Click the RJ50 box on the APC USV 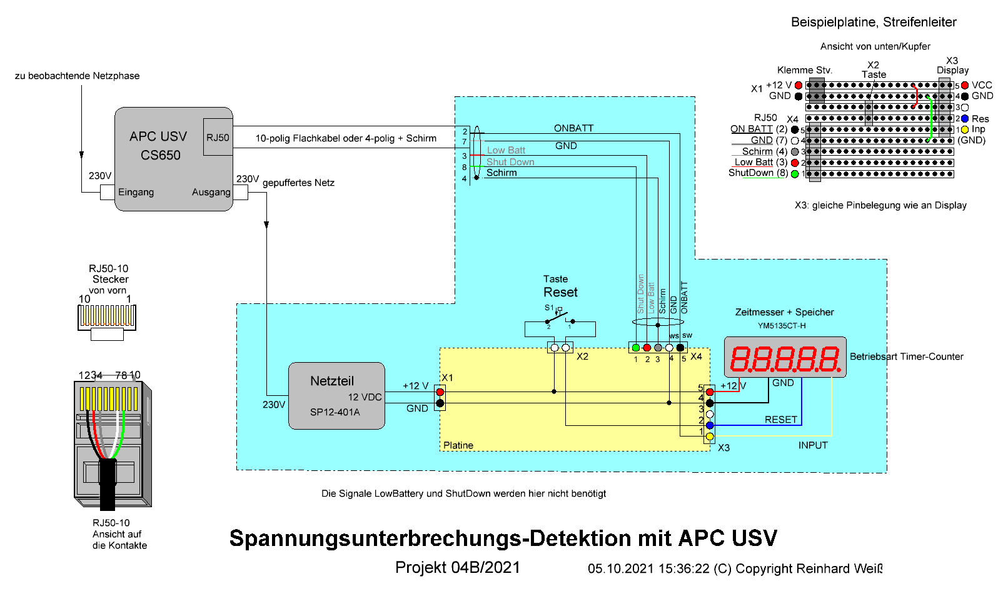(218, 137)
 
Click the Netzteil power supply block (336, 395)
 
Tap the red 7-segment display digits (785, 359)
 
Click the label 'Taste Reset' (560, 286)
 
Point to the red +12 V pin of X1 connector (440, 392)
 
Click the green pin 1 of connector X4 (636, 348)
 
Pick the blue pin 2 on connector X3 (710, 425)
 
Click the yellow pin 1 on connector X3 (710, 436)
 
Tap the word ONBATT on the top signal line (573, 128)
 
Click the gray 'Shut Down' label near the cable (510, 162)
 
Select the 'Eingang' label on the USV (136, 192)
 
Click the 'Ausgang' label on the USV (211, 192)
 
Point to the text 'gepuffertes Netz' (298, 183)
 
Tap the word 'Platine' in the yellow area (458, 445)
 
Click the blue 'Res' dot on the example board (965, 118)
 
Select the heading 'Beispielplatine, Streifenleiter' (874, 22)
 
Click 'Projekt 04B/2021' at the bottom (458, 567)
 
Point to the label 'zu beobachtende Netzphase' (77, 76)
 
